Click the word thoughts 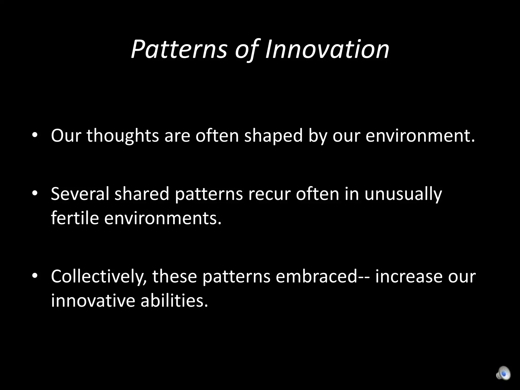[123, 136]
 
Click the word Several [80, 194]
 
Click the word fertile [75, 218]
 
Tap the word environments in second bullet [162, 218]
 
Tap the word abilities [174, 300]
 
